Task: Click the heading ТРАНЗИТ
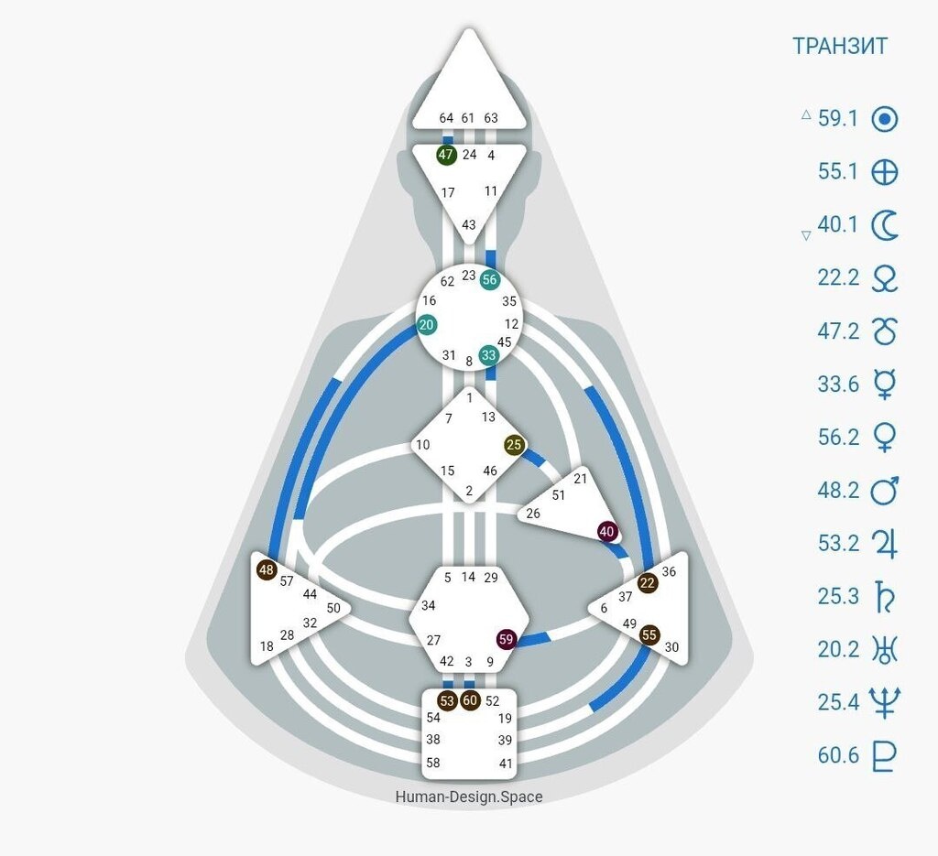pos(839,46)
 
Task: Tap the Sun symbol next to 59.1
pos(884,119)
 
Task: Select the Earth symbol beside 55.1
pos(884,172)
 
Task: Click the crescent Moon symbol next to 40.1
pos(884,224)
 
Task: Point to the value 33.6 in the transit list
pos(838,384)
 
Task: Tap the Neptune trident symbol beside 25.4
pos(884,702)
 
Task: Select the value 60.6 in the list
pos(838,755)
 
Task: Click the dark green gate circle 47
pos(446,155)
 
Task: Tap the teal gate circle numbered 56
pos(490,279)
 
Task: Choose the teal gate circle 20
pos(427,325)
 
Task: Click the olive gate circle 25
pos(514,445)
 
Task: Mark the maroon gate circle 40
pos(607,531)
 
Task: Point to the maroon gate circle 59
pos(507,639)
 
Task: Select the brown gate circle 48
pos(267,569)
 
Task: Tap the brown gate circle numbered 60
pos(471,700)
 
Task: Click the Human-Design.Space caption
pos(469,796)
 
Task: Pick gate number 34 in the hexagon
pos(429,605)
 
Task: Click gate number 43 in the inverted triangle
pos(469,224)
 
